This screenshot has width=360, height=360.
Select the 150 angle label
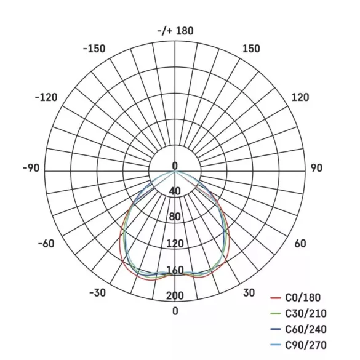point(252,49)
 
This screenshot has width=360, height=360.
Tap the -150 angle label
point(94,49)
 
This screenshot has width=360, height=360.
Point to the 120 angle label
point(300,97)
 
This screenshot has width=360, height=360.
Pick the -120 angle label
point(47,97)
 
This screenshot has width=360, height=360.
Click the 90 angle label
point(316,169)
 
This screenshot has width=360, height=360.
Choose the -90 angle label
point(31,169)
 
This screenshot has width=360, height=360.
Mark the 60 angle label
point(300,244)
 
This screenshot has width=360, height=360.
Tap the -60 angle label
point(47,244)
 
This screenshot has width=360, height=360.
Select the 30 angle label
point(249,293)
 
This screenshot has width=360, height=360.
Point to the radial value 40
point(175,191)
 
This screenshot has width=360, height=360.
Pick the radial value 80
point(175,217)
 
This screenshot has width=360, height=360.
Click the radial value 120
point(175,244)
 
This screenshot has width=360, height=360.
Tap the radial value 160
point(175,270)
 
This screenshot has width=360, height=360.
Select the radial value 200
point(175,296)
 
